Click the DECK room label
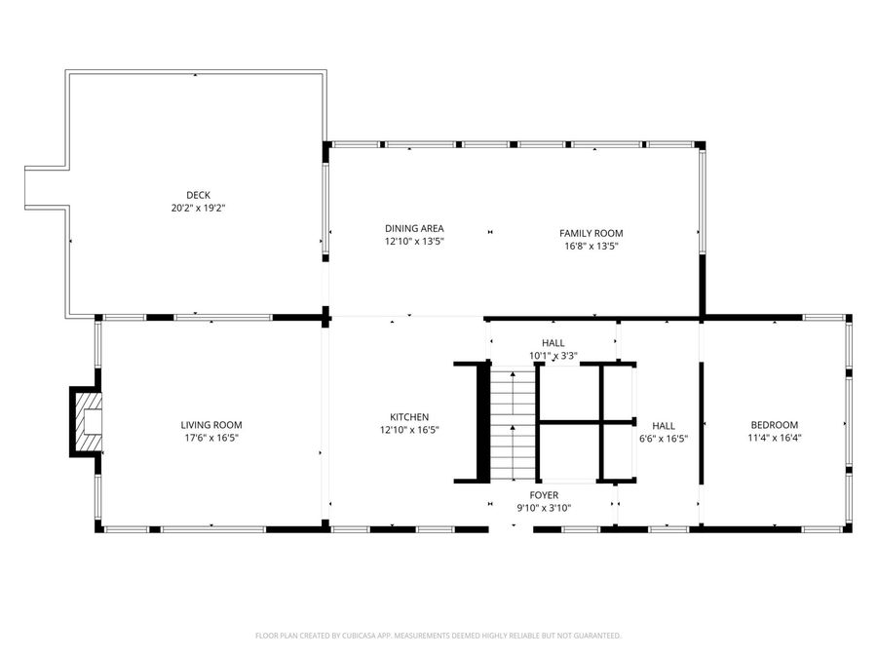tap(198, 195)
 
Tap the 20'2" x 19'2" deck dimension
tap(198, 208)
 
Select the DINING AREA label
tap(414, 228)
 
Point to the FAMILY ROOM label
tap(591, 233)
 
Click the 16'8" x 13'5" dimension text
tap(591, 247)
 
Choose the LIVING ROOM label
tap(210, 425)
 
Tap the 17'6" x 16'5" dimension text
tap(210, 439)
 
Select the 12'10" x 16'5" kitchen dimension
tap(409, 430)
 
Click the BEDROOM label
tap(774, 425)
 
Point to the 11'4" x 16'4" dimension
tap(774, 439)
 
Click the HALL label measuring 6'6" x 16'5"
tap(664, 426)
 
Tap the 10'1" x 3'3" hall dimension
tap(553, 357)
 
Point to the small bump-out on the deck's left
tap(45, 188)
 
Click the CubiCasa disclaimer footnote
tap(438, 636)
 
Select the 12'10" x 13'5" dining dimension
tap(414, 241)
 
